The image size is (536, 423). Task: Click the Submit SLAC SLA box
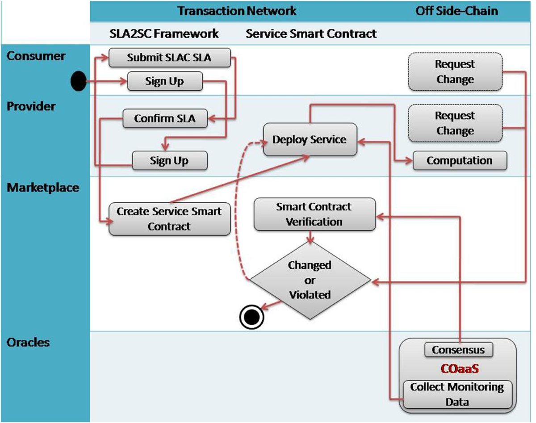(170, 58)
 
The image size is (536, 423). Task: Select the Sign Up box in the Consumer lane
(165, 82)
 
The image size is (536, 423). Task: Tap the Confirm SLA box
(165, 119)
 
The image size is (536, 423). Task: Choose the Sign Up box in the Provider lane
(169, 160)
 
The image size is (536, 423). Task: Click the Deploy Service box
(310, 140)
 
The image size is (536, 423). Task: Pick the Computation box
(460, 160)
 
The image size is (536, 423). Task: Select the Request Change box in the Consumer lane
(455, 72)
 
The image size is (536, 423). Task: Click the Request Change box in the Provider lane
(455, 123)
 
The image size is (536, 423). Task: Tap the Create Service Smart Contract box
(169, 219)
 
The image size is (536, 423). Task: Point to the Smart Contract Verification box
(314, 214)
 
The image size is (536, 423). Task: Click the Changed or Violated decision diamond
(310, 280)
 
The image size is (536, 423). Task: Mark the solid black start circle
(78, 82)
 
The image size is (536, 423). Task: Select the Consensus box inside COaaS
(459, 350)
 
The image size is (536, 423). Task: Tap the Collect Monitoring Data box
(456, 394)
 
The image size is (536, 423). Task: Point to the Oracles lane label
(29, 342)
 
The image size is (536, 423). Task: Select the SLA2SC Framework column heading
(164, 34)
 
